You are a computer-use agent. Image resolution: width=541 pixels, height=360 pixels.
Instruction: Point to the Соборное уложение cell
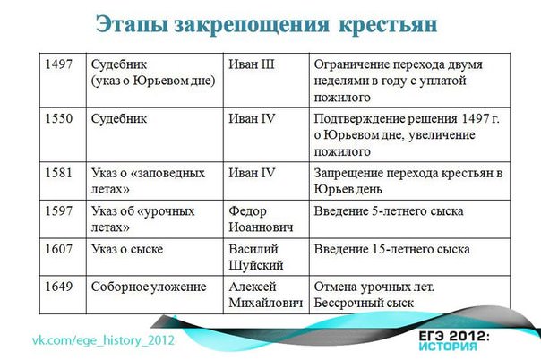(x=149, y=287)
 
